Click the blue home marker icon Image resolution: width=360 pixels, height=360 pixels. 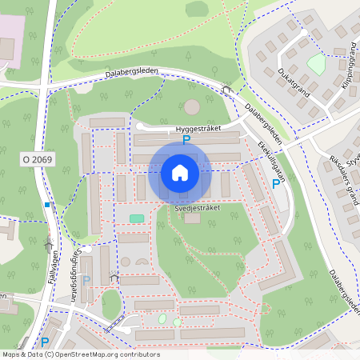pyautogui.click(x=180, y=172)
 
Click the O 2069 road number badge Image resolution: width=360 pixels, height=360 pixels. pyautogui.click(x=37, y=161)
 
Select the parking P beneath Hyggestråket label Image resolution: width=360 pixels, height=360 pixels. pyautogui.click(x=186, y=140)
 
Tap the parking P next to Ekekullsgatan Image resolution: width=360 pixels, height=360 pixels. pyautogui.click(x=276, y=184)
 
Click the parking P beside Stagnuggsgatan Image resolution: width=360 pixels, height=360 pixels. pyautogui.click(x=86, y=280)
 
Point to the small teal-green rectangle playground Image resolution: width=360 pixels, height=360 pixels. pyautogui.click(x=137, y=218)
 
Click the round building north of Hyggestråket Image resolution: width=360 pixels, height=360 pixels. pyautogui.click(x=192, y=106)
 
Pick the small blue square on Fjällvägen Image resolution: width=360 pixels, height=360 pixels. pyautogui.click(x=47, y=206)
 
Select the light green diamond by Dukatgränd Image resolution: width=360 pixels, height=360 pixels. pyautogui.click(x=317, y=65)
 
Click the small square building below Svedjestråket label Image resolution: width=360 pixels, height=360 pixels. pyautogui.click(x=192, y=218)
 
